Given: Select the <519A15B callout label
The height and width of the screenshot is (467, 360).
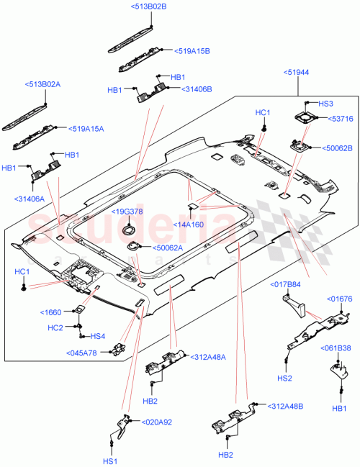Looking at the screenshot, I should tap(192, 51).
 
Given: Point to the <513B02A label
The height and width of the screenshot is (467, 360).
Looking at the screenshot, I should tap(45, 84).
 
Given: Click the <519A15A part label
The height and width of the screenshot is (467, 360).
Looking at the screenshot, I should tap(86, 129).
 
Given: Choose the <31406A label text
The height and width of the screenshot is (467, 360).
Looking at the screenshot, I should tap(29, 198).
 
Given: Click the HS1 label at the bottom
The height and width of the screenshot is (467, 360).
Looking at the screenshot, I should tap(109, 461).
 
